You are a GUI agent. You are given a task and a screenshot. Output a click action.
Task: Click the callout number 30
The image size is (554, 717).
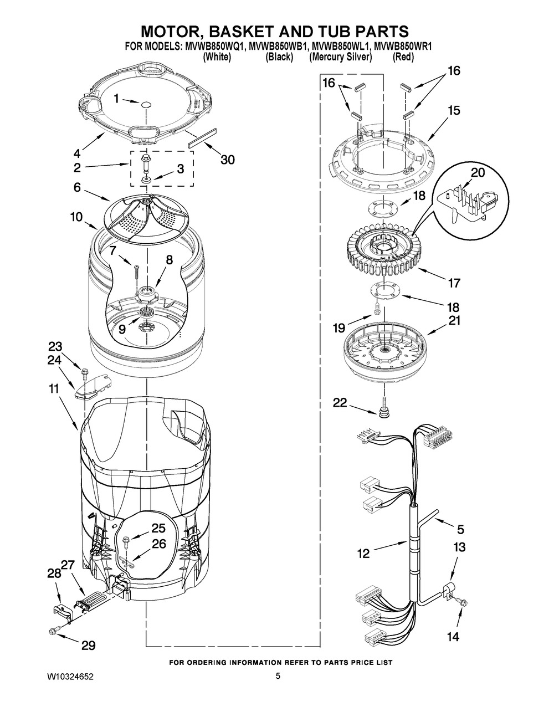tap(228, 160)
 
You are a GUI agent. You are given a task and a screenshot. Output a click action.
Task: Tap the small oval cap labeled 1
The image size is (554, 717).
tap(146, 105)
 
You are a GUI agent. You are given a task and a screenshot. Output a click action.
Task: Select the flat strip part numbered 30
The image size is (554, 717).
tap(202, 138)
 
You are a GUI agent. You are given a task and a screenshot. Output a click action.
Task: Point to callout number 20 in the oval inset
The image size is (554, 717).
tap(478, 172)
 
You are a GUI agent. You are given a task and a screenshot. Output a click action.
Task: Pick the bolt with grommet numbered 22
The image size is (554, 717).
tap(383, 408)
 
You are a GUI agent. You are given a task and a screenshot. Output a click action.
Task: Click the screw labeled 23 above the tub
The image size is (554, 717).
tap(84, 373)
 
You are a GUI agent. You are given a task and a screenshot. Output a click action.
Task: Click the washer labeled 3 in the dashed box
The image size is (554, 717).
tap(145, 180)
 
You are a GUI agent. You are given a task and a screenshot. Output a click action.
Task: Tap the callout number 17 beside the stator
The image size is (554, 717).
tap(453, 283)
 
